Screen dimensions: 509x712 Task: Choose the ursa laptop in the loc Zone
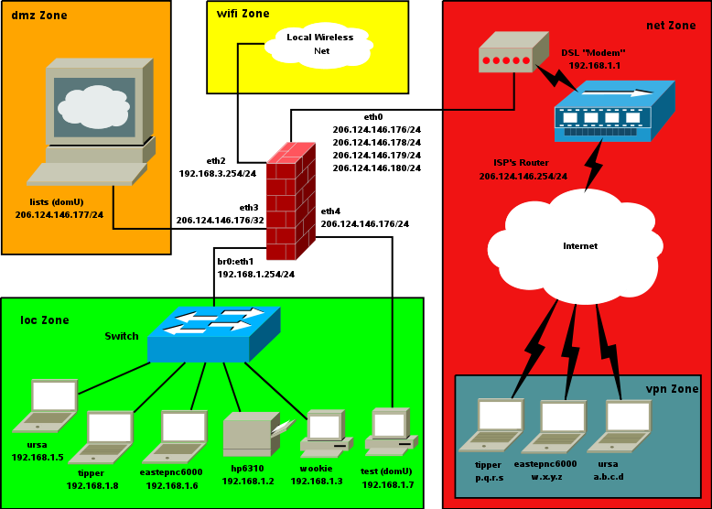45,406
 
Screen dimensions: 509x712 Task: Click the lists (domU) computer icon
91,124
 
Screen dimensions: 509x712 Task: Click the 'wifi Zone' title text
243,14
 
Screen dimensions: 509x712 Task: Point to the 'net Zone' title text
671,24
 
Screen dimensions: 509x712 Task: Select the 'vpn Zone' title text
673,389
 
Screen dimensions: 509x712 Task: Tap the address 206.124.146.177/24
59,214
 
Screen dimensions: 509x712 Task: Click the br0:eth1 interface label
235,262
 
